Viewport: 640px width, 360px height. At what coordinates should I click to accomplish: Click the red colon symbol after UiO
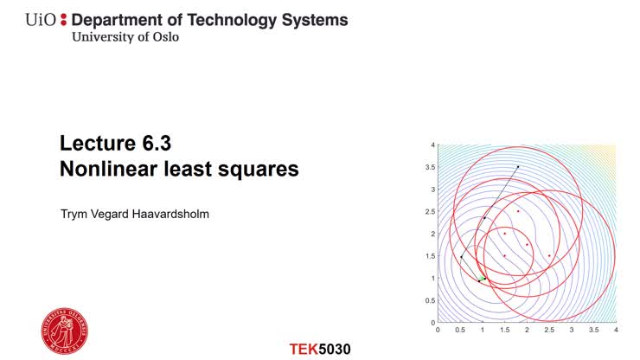tap(62, 20)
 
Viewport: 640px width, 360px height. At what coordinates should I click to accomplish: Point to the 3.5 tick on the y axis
tap(428, 167)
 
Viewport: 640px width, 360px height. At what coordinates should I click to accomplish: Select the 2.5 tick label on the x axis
tap(549, 330)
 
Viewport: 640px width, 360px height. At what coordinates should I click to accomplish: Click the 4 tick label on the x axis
tap(616, 330)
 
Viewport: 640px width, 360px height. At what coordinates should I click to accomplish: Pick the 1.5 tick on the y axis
tap(428, 256)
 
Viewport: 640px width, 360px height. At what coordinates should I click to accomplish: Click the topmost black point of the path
tap(518, 166)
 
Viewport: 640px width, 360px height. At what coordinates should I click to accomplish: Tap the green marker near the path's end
tap(482, 278)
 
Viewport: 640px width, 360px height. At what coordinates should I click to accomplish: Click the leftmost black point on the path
tap(461, 257)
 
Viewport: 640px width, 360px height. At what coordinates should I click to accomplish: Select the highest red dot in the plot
tap(518, 211)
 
